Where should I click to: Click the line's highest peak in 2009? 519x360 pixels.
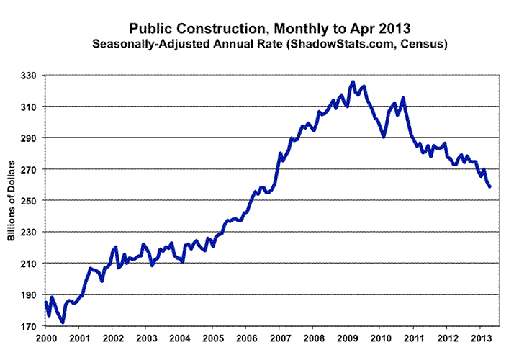click(x=352, y=82)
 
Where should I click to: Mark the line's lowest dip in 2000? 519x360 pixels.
click(x=63, y=322)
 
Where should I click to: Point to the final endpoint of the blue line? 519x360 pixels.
click(x=490, y=186)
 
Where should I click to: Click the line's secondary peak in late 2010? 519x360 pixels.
click(x=402, y=98)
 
